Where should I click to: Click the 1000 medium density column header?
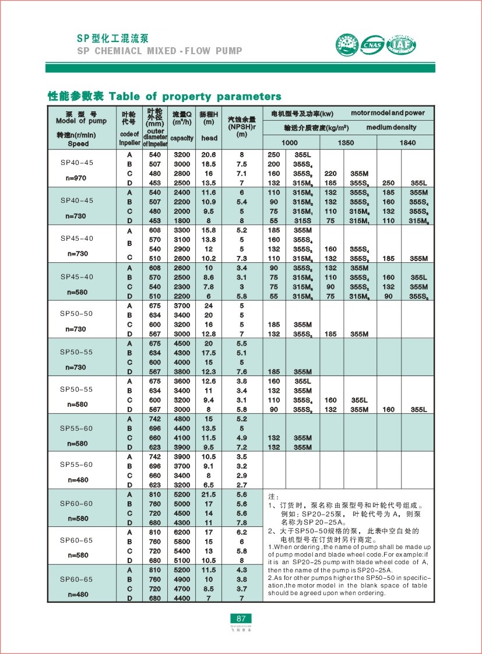click(x=289, y=143)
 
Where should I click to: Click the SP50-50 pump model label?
click(x=76, y=314)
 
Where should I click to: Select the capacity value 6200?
click(x=182, y=532)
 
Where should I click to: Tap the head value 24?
click(x=208, y=305)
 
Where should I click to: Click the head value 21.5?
click(x=208, y=494)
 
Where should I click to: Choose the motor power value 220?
click(x=330, y=174)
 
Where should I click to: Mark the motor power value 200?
click(x=274, y=164)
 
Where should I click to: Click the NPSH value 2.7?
click(x=242, y=484)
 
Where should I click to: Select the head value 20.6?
click(x=208, y=155)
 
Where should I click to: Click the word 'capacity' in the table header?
click(x=182, y=139)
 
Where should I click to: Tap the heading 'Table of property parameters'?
click(x=195, y=96)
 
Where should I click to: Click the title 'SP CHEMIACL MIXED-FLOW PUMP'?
click(x=160, y=51)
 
